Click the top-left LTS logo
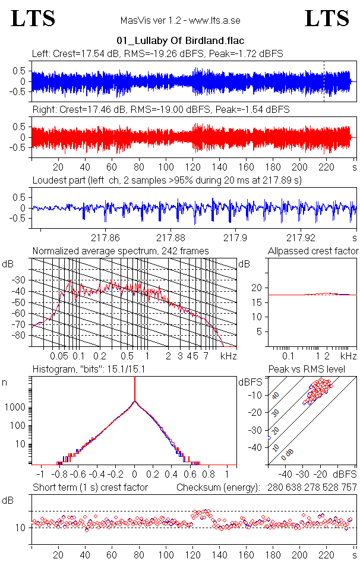point(33,18)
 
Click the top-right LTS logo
point(327,18)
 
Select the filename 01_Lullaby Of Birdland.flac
point(179,42)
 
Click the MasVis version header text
point(180,21)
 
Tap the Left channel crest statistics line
point(157,53)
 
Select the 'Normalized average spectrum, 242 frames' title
point(121,251)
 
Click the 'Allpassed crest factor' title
point(313,251)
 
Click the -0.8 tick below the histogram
point(59,475)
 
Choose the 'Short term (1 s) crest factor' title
point(90,488)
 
